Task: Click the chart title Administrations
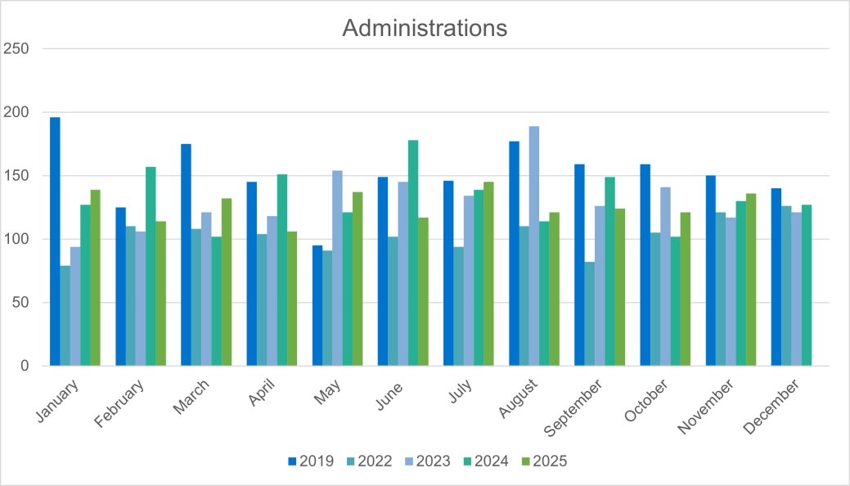click(425, 28)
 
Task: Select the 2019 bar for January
click(55, 241)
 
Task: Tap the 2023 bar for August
click(534, 245)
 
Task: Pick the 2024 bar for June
click(413, 253)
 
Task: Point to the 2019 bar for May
click(317, 305)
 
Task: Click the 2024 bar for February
click(151, 266)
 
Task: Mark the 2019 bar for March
click(186, 254)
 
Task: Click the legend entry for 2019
click(311, 461)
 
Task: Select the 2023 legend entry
click(426, 461)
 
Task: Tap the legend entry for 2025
click(542, 461)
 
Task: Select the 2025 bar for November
click(751, 279)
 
